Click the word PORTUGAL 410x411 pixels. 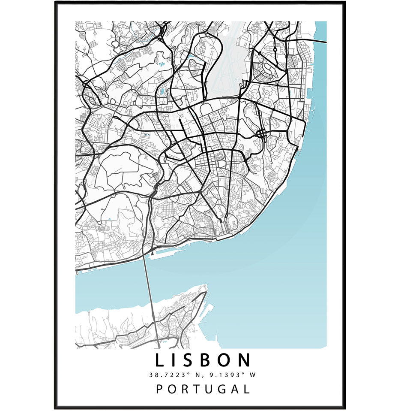pyautogui.click(x=203, y=389)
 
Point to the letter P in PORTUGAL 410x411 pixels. pyautogui.click(x=159, y=389)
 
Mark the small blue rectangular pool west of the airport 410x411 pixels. pyautogui.click(x=162, y=91)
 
